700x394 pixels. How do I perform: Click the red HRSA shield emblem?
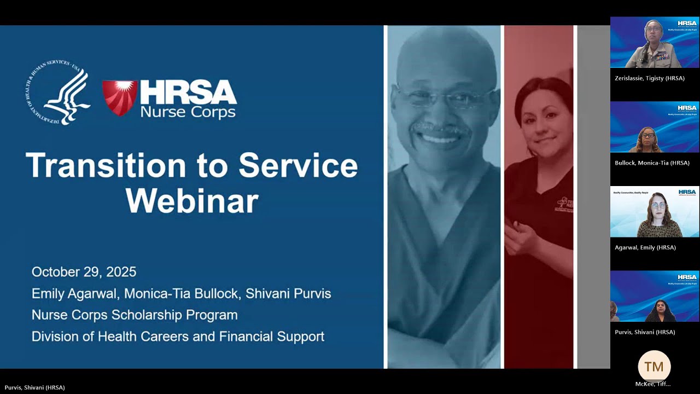pyautogui.click(x=120, y=97)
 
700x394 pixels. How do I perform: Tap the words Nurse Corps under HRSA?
pyautogui.click(x=188, y=112)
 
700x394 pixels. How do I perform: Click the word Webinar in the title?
pyautogui.click(x=192, y=201)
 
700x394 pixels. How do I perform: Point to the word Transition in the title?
pyautogui.click(x=106, y=165)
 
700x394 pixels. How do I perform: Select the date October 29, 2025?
pyautogui.click(x=84, y=272)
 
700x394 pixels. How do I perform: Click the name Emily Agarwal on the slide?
pyautogui.click(x=74, y=293)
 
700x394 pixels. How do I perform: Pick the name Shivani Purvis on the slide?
pyautogui.click(x=288, y=293)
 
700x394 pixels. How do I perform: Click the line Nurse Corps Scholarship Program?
pyautogui.click(x=135, y=315)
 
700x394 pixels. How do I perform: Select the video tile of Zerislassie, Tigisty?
pyautogui.click(x=655, y=42)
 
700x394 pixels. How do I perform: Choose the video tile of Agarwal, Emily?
pyautogui.click(x=655, y=212)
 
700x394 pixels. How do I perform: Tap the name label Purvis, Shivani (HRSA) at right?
pyautogui.click(x=645, y=332)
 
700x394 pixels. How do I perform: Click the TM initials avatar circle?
pyautogui.click(x=654, y=367)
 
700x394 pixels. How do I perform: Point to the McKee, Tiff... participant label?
pyautogui.click(x=652, y=384)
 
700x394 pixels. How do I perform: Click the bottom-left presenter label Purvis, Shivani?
pyautogui.click(x=34, y=387)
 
